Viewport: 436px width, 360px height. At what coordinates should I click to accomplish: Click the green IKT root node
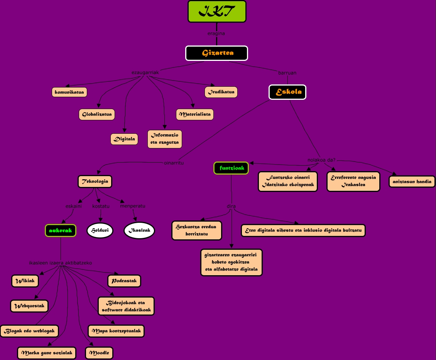tap(217, 12)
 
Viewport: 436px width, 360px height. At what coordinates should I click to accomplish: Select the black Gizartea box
tap(216, 53)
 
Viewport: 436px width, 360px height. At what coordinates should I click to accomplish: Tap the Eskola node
tap(287, 92)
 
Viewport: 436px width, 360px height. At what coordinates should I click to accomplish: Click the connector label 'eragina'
tap(216, 34)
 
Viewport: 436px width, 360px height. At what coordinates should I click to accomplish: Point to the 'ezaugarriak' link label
tap(145, 72)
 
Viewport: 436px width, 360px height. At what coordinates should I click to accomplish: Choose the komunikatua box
tap(69, 92)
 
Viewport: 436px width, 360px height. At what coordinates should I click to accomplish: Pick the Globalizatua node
tap(97, 114)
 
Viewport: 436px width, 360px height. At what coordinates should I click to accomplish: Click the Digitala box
tap(124, 139)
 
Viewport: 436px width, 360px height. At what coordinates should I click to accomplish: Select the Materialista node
tap(195, 114)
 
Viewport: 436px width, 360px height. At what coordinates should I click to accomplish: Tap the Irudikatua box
tap(221, 92)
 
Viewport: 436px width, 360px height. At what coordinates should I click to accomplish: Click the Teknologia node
tap(95, 182)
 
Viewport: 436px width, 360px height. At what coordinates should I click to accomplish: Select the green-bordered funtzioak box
tap(231, 168)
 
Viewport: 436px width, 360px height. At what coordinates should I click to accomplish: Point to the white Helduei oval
tap(100, 230)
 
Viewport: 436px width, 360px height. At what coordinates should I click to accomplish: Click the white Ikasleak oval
tap(139, 230)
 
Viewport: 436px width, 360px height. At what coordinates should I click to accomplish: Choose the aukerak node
tap(61, 230)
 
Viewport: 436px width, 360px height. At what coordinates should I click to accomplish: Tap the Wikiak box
tap(25, 281)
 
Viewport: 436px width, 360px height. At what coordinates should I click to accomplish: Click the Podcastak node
tap(124, 281)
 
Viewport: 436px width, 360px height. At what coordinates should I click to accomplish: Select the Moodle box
tap(99, 353)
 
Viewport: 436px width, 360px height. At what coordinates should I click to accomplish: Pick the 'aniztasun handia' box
tap(412, 182)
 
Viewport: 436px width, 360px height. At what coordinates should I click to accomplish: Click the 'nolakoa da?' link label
tap(321, 160)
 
